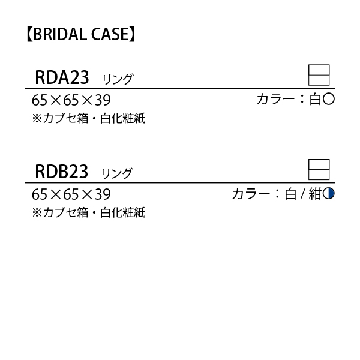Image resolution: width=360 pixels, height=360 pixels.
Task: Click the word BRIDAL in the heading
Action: coord(60,34)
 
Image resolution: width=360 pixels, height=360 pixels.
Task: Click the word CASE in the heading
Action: coord(110,34)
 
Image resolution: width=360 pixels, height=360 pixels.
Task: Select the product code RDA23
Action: coord(62,77)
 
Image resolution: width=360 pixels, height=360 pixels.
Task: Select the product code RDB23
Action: coord(61,172)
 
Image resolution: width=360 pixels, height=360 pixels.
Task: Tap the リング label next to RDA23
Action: coord(118,79)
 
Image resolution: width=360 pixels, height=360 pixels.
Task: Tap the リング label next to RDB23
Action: coord(117,173)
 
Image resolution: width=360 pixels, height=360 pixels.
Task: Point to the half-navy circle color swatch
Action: coord(329,193)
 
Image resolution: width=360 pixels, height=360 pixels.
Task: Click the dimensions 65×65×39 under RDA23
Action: coord(71,100)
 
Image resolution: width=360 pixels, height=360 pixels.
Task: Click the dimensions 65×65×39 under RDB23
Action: coord(71,194)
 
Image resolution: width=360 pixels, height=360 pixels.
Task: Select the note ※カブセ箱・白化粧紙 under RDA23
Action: coord(89,118)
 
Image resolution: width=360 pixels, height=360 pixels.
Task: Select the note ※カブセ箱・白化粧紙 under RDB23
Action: coord(89,212)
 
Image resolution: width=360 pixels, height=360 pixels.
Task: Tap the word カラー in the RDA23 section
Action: coord(276,100)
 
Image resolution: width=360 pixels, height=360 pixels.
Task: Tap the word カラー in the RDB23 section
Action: coord(251,194)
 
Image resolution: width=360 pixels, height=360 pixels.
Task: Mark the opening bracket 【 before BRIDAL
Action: coord(29,34)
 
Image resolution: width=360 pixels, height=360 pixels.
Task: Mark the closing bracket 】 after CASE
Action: coord(133,34)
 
